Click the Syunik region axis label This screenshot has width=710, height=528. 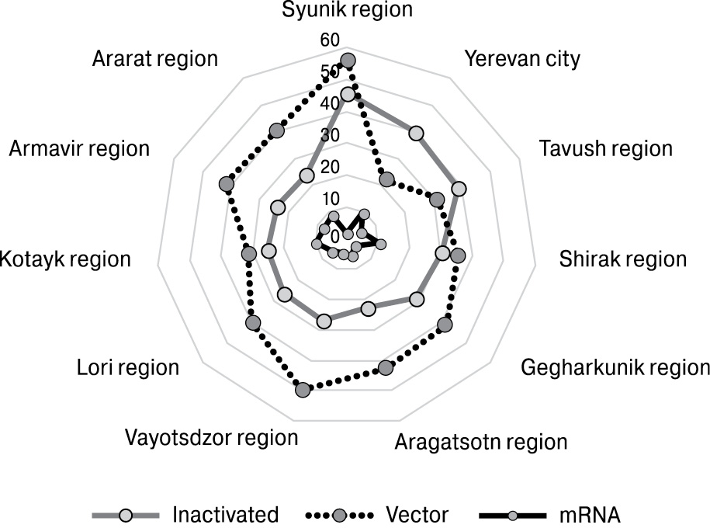point(347,10)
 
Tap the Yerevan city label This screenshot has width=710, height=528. point(521,59)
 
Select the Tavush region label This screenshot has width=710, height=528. point(606,148)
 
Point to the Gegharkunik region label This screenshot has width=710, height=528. point(615,366)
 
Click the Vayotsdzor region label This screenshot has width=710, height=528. point(211,437)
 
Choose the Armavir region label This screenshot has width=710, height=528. point(79,148)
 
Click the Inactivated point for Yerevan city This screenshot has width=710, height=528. point(417,134)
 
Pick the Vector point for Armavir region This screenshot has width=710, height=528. point(226,185)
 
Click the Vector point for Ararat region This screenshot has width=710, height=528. point(276,131)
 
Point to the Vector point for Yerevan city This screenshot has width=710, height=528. point(386,180)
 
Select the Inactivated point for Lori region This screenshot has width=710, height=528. point(285,294)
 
